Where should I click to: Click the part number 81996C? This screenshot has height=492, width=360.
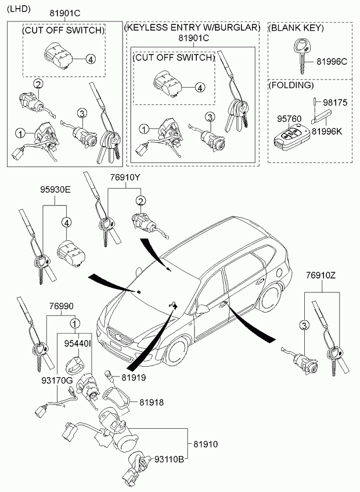coord(332,62)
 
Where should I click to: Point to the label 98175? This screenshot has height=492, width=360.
coord(335,103)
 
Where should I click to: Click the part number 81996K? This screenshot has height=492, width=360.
coord(326,131)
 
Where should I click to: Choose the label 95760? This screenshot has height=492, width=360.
coord(289,119)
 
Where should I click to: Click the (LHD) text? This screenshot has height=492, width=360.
coord(19,9)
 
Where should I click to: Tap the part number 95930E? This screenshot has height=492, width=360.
coord(55,190)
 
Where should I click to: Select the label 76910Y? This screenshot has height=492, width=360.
coord(125,178)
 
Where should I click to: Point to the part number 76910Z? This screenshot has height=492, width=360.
coord(321,276)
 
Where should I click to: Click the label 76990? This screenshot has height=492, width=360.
coord(61,306)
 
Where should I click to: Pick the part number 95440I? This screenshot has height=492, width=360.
coord(78,343)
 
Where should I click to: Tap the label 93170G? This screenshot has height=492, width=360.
coord(57,381)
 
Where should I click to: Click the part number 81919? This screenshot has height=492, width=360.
coord(134,378)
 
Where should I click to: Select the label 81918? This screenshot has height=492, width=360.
coord(152,402)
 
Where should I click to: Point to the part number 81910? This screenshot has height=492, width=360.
coord(206,444)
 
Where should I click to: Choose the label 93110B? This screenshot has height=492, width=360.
coord(169,460)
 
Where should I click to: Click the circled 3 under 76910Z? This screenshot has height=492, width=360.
coord(304,325)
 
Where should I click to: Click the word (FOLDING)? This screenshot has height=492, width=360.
coord(291,85)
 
